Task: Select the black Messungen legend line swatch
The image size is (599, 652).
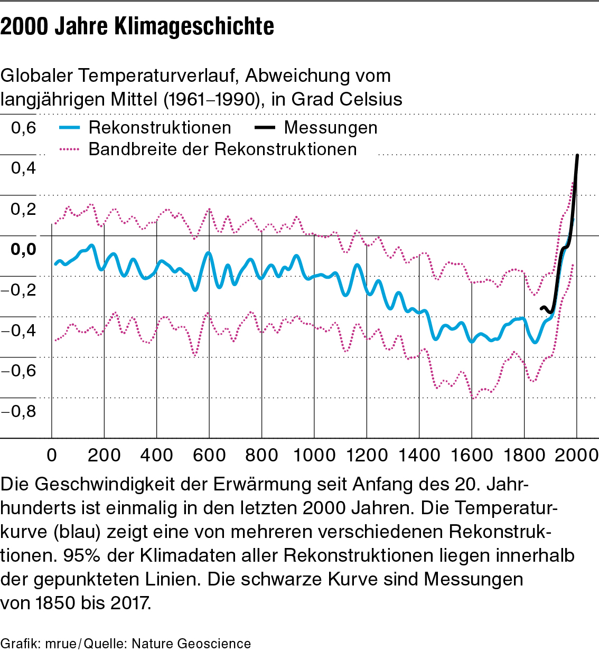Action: tap(265, 128)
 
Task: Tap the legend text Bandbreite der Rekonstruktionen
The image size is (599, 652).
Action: tap(222, 149)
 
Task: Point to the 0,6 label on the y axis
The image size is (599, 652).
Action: tap(24, 128)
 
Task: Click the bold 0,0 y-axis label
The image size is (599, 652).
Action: tap(24, 249)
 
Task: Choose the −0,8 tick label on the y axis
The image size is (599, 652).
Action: tap(19, 411)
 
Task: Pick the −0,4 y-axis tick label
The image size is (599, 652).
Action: tap(19, 330)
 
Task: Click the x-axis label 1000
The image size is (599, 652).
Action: tap(314, 455)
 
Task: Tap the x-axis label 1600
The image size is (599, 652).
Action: tap(472, 455)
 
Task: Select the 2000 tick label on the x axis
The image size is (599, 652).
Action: tap(577, 455)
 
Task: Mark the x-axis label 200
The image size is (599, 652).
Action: tap(104, 455)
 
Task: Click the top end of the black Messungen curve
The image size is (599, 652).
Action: tap(577, 155)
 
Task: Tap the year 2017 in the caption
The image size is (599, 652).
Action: tap(130, 602)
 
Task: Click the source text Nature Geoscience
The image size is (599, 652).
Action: tap(191, 644)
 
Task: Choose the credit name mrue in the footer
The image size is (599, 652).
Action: tap(61, 644)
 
